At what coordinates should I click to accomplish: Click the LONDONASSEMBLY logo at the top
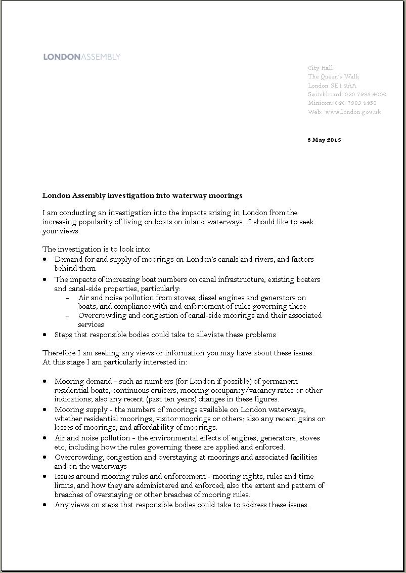click(82, 57)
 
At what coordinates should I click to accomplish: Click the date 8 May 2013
click(324, 140)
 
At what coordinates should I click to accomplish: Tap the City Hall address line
click(321, 68)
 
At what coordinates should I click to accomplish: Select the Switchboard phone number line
click(347, 94)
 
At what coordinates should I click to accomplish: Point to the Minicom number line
click(342, 103)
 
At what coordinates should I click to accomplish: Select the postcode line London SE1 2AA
click(332, 86)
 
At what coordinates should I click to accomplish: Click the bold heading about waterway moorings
click(143, 195)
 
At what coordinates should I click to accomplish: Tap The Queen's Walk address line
click(334, 76)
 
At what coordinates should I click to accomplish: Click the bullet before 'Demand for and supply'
click(45, 259)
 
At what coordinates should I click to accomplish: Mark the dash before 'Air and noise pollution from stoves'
click(68, 298)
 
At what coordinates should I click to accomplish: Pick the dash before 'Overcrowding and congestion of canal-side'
click(68, 315)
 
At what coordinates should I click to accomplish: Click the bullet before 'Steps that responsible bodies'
click(45, 335)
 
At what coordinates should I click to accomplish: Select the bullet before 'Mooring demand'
click(45, 381)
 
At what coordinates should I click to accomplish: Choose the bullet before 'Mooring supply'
click(45, 410)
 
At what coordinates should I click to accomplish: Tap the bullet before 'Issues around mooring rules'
click(45, 476)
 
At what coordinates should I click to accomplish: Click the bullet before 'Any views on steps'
click(45, 505)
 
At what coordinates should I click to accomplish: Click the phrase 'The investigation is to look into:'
click(96, 249)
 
